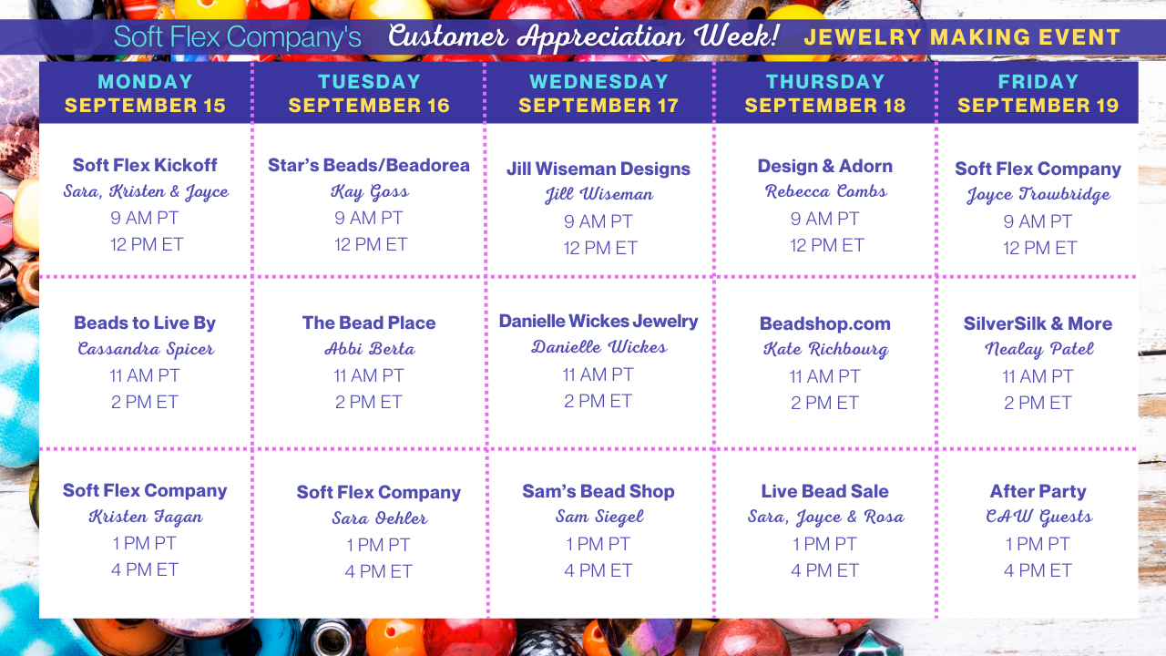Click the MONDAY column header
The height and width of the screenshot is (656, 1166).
coord(145,82)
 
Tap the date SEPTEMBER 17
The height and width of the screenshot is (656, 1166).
coord(598,106)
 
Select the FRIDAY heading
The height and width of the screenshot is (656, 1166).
coord(1038,82)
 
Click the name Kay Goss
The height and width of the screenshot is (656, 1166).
coord(370,192)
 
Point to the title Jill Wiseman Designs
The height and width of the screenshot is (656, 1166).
coord(598,169)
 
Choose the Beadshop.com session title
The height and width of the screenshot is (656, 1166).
coord(825,323)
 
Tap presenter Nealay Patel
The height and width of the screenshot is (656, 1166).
coord(1039,349)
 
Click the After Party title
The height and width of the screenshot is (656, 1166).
coord(1038,491)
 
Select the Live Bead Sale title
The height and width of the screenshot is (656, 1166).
coord(825,491)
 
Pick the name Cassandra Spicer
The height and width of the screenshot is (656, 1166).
coord(146,349)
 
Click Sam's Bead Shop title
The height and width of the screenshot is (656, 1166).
coord(598,491)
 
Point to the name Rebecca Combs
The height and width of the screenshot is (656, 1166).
coord(826,191)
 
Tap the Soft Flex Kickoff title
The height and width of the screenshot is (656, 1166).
coord(145,165)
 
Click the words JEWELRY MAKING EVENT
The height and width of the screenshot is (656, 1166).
coord(962,37)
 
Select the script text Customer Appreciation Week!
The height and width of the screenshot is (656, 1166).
coord(584,36)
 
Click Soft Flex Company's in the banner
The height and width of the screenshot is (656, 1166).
coord(238,37)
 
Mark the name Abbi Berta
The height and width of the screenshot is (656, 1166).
coord(370,349)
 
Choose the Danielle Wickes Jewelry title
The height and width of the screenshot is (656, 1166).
coord(598,322)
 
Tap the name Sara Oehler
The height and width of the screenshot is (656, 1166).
coord(380,518)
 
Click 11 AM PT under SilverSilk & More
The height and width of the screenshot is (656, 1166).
coord(1038,376)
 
